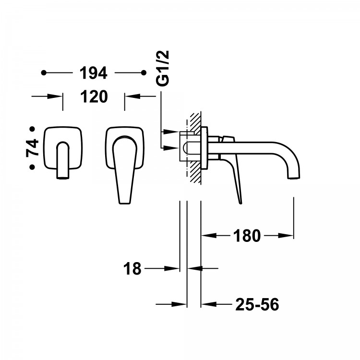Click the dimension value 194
pos(94,73)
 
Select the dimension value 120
pos(94,96)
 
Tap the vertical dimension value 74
pos(32,148)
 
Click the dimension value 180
pos(247,236)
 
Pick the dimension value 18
pos(132,268)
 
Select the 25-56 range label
pos(257,304)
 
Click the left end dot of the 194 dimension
pos(44,73)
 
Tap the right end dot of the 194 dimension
pos(144,73)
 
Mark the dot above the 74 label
pos(32,129)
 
